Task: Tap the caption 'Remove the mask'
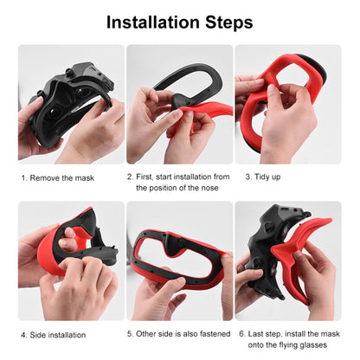pos(63,177)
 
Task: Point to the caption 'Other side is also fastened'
pos(178,333)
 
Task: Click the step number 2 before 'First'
pos(130,177)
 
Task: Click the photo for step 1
pos(71,104)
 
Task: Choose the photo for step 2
pos(179,104)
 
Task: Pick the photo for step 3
pos(288,104)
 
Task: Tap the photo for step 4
pos(71,261)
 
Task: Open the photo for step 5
pos(179,261)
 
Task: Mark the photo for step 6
pos(288,261)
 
